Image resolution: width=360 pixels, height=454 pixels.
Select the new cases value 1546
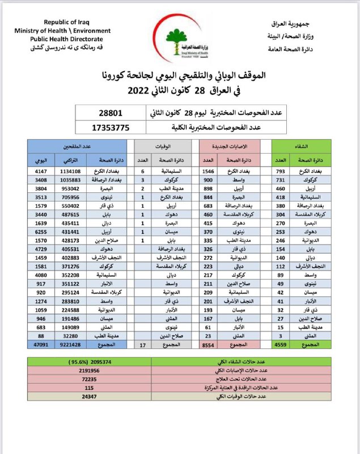[210, 171]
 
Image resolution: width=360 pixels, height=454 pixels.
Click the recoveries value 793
[281, 171]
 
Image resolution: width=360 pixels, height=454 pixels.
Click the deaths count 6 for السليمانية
[142, 171]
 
